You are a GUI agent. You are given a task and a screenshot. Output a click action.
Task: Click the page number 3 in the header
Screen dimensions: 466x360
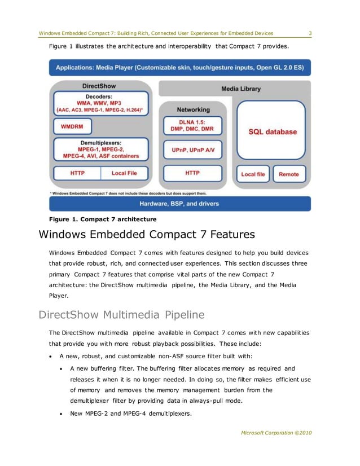pyautogui.click(x=310, y=33)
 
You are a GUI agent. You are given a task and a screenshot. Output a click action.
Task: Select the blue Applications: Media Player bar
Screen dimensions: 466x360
pyautogui.click(x=179, y=68)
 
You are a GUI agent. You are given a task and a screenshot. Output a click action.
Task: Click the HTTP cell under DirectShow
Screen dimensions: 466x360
pyautogui.click(x=77, y=173)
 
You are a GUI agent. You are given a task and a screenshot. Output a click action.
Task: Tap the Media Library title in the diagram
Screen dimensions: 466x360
pyautogui.click(x=241, y=89)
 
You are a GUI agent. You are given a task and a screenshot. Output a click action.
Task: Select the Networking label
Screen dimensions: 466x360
pyautogui.click(x=193, y=109)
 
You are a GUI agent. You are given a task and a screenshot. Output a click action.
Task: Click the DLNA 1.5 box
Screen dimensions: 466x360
pyautogui.click(x=193, y=126)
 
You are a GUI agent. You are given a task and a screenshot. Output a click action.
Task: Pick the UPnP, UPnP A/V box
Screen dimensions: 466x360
pyautogui.click(x=193, y=150)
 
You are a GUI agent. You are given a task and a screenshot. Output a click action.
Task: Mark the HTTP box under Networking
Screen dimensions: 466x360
pyautogui.click(x=193, y=173)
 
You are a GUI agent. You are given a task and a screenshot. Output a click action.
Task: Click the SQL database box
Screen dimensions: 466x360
pyautogui.click(x=273, y=131)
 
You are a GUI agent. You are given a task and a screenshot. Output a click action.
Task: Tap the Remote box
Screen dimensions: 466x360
pyautogui.click(x=289, y=174)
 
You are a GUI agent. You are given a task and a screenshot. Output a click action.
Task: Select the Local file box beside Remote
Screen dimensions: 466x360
pyautogui.click(x=253, y=174)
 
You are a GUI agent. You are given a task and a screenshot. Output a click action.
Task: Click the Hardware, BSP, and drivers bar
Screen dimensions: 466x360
pyautogui.click(x=179, y=203)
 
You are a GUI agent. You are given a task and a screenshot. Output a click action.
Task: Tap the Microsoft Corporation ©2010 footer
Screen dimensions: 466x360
pyautogui.click(x=276, y=433)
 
